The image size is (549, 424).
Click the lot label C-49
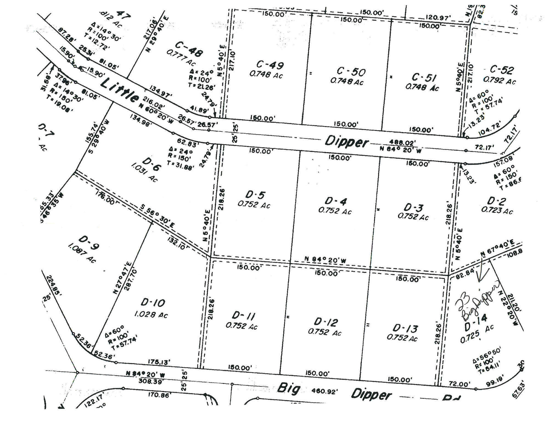(270, 65)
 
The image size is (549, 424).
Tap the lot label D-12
(326, 322)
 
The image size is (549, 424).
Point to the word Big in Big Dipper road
(288, 388)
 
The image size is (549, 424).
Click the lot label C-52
(502, 70)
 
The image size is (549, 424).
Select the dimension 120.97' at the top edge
(438, 18)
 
